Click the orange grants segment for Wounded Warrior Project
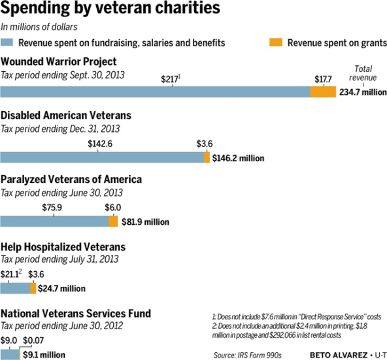tap(323, 91)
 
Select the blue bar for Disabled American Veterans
tap(102, 157)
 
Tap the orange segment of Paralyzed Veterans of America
tap(113, 221)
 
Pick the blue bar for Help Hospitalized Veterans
tap(15, 288)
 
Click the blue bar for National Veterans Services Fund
tap(10, 355)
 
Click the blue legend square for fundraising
tap(7, 42)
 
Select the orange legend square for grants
tap(276, 42)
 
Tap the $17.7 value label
tap(323, 79)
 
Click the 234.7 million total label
tap(363, 92)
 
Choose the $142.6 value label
tap(100, 144)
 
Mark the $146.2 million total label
tap(238, 158)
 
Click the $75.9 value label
tap(52, 208)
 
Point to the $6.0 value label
tap(113, 208)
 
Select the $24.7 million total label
tap(61, 288)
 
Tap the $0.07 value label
tap(33, 340)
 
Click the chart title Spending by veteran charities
tap(110, 8)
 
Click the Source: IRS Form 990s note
tap(248, 355)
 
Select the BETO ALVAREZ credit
tap(339, 355)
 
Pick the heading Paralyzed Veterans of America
tap(71, 180)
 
